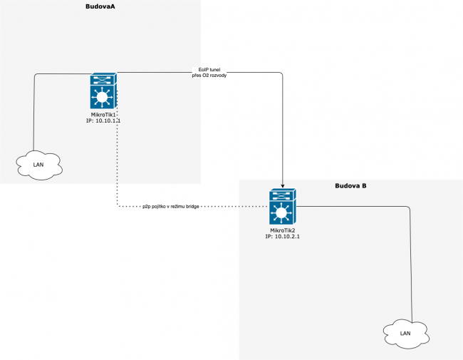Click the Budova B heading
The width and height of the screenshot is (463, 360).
[350, 186]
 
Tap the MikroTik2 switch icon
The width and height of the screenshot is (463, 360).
[283, 207]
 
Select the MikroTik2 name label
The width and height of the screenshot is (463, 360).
[283, 230]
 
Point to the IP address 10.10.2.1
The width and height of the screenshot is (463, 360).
[283, 237]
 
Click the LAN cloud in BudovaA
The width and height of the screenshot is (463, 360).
[39, 165]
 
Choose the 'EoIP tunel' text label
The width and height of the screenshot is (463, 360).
[209, 68]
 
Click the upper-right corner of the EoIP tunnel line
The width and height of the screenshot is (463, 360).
[283, 73]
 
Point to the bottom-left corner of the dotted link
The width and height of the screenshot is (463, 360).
[117, 207]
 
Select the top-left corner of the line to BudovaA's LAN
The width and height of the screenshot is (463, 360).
[35, 73]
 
